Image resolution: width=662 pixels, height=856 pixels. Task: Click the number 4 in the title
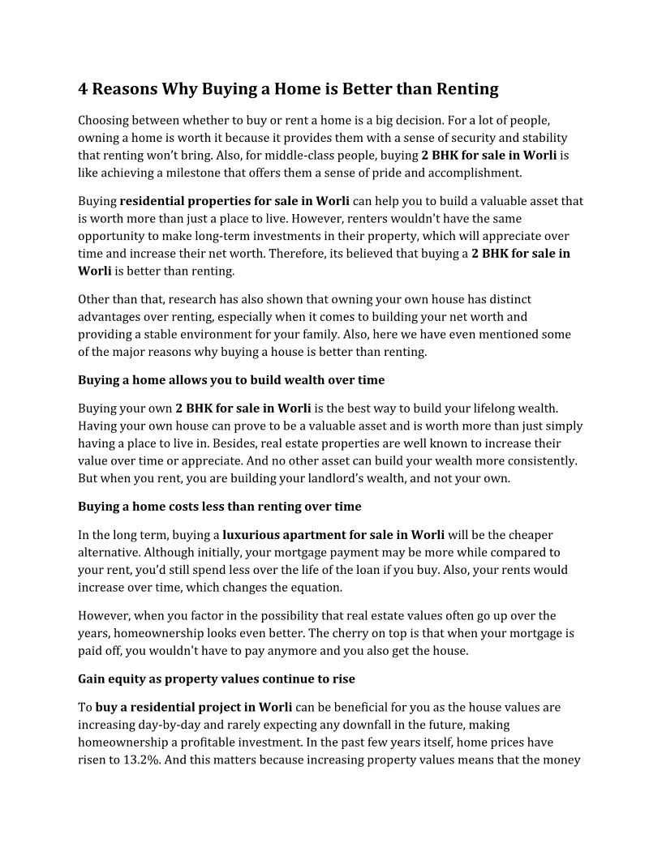84,88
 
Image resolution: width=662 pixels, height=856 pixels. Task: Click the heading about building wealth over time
231,379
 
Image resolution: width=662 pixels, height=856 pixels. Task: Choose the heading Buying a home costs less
219,507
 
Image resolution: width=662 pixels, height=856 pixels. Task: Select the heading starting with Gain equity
216,678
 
